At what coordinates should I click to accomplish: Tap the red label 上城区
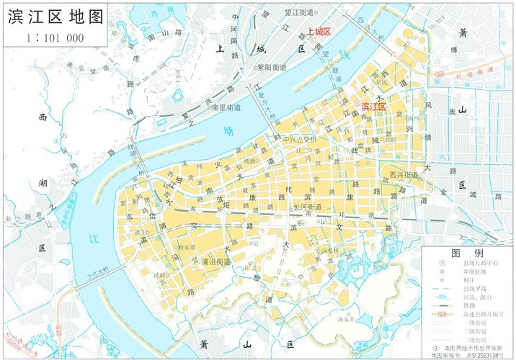tap(318, 32)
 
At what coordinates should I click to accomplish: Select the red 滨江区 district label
tap(374, 107)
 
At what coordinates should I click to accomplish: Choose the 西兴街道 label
tap(404, 175)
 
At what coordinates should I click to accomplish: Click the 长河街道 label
tap(308, 207)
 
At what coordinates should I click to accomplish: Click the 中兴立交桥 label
tap(300, 139)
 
